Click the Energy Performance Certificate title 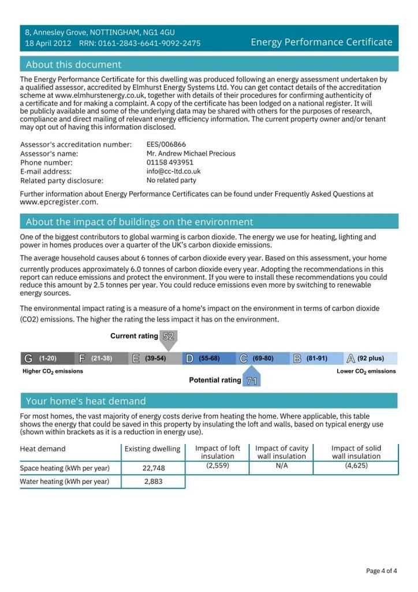click(322, 42)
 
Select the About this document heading click(73, 64)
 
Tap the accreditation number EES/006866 click(166, 145)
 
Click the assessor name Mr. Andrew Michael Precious click(191, 154)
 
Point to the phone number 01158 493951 click(170, 162)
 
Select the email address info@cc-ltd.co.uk click(174, 172)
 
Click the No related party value click(171, 180)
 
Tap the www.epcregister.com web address click(59, 202)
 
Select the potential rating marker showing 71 click(251, 380)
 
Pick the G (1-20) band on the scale click(47, 358)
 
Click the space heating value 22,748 click(154, 468)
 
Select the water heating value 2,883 click(154, 482)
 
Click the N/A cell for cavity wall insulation click(282, 465)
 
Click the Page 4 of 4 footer click(381, 571)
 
